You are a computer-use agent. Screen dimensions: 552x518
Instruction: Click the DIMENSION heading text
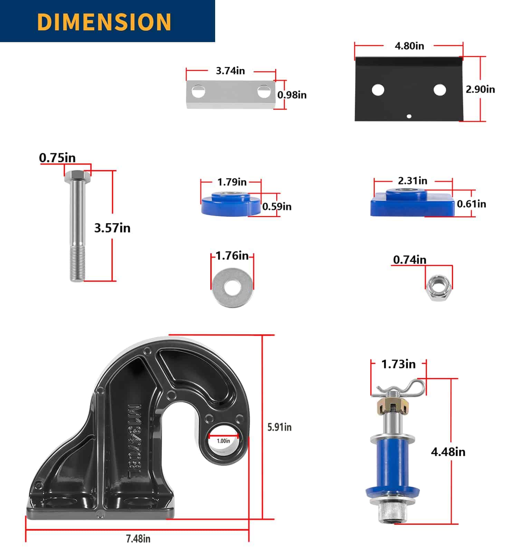click(x=104, y=21)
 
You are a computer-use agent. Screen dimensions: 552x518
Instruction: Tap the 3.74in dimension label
click(x=230, y=71)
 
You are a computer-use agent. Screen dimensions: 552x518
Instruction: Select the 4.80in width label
click(x=409, y=46)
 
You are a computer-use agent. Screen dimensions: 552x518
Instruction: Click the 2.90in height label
click(x=480, y=89)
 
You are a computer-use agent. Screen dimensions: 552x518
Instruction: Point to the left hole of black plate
click(x=378, y=90)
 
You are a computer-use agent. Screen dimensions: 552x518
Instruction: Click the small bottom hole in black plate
click(x=409, y=116)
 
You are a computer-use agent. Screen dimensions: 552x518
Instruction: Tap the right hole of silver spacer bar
click(x=264, y=91)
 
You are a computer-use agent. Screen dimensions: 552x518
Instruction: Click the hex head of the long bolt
click(x=78, y=177)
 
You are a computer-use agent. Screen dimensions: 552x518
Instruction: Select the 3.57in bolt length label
click(x=112, y=228)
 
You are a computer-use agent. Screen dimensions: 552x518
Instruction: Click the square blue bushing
click(x=412, y=205)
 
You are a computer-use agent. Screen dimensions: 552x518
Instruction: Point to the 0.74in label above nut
click(x=410, y=259)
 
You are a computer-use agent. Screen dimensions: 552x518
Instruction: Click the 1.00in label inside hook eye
click(x=223, y=441)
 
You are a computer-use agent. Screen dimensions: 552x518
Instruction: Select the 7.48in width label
click(x=138, y=539)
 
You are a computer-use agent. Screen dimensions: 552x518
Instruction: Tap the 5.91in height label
click(x=279, y=427)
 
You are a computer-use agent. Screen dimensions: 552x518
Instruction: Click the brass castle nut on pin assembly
click(x=393, y=405)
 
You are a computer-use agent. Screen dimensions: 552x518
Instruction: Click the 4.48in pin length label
click(x=448, y=452)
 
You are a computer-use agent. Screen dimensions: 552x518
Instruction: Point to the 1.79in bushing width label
click(x=232, y=182)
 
